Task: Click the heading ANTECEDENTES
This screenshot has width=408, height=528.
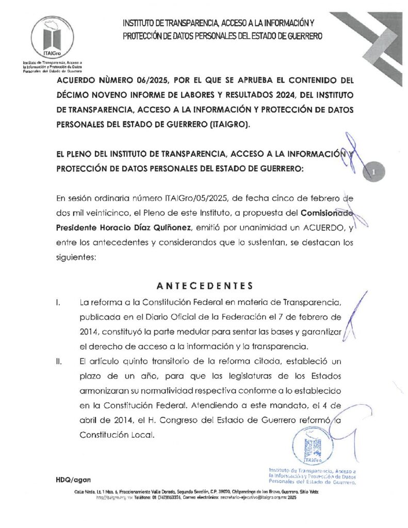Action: [204, 286]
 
